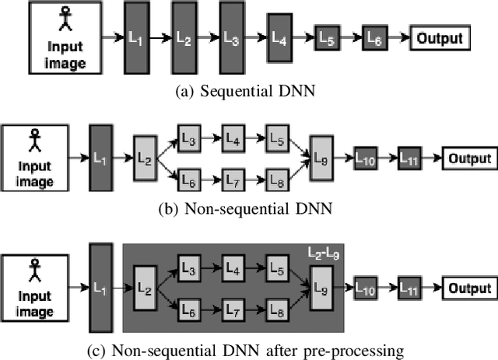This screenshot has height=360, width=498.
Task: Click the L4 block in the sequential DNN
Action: (x=279, y=38)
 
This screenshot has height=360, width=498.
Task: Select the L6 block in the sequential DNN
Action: (x=373, y=37)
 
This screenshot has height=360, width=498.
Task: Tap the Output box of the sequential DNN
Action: (x=440, y=37)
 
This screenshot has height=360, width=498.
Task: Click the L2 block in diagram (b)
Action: (x=145, y=158)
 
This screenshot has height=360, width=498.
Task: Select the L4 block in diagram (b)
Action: (x=233, y=138)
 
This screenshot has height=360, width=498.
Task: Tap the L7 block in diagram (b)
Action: (x=233, y=179)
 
